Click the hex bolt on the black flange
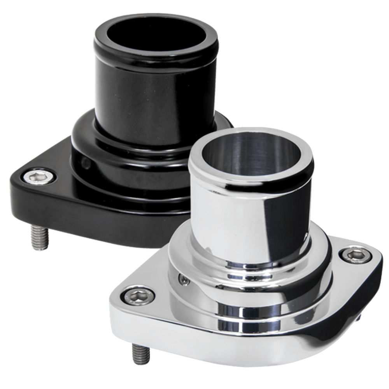pos(37,177)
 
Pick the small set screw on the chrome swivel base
pos(183,278)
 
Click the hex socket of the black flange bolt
pos(37,177)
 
